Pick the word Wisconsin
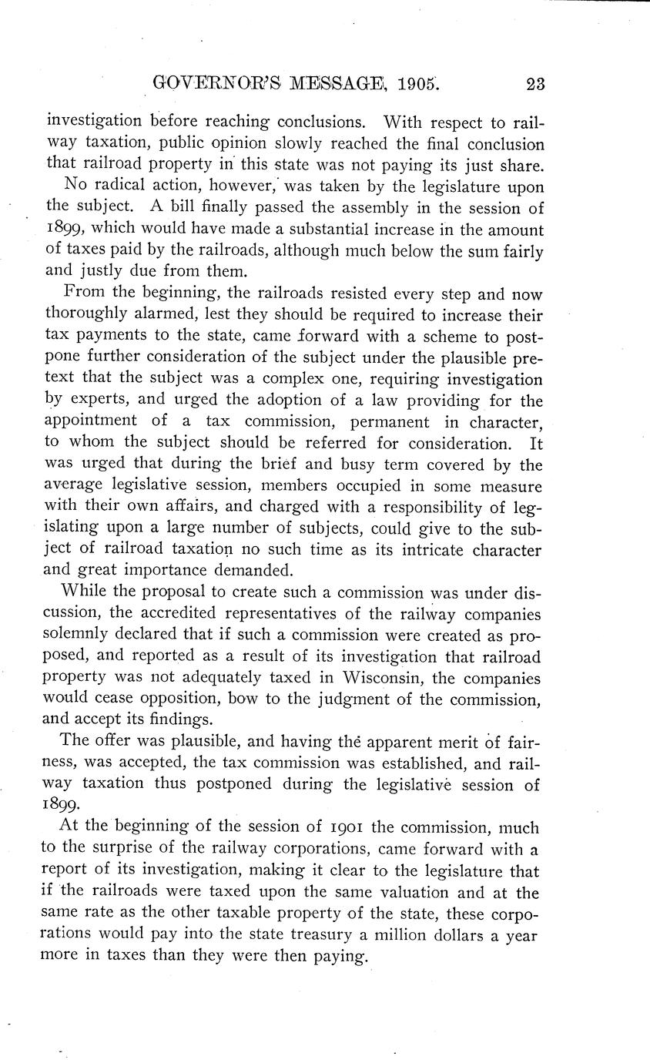[376, 679]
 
